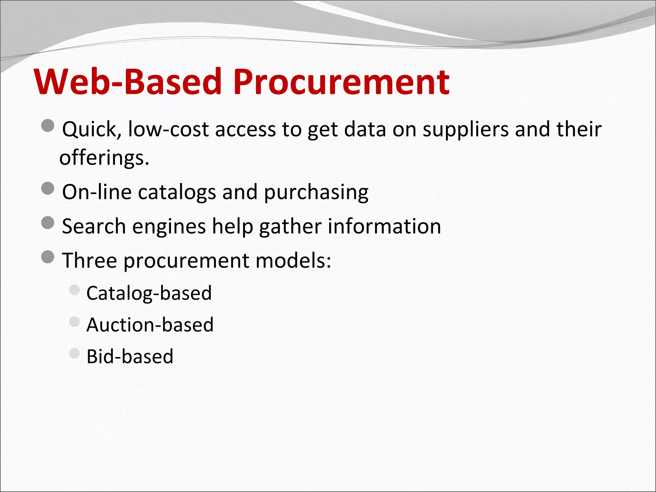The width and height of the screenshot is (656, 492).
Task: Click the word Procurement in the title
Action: click(x=341, y=82)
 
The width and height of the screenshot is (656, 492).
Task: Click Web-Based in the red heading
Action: click(x=128, y=82)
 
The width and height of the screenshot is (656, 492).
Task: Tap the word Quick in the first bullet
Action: click(x=91, y=129)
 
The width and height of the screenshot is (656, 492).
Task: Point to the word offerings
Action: click(x=104, y=158)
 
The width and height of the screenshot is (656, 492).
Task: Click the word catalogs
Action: click(x=177, y=192)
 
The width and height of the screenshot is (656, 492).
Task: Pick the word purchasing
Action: click(x=316, y=192)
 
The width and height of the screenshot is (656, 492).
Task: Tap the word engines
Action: click(x=169, y=226)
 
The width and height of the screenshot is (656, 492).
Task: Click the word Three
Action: click(x=89, y=260)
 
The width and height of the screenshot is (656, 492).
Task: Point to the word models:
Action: click(x=293, y=260)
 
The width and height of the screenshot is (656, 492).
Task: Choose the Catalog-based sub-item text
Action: click(x=149, y=293)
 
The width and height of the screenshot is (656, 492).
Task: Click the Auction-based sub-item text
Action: click(x=150, y=325)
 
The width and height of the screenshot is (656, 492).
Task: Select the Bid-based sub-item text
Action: click(x=130, y=356)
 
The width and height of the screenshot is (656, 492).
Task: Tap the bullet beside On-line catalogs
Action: click(x=48, y=188)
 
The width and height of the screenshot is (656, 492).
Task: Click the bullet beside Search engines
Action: click(x=48, y=223)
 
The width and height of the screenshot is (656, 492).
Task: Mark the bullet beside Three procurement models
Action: click(x=48, y=257)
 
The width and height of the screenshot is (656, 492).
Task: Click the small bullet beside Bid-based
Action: click(x=74, y=353)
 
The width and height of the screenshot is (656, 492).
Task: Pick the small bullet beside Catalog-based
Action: click(x=74, y=290)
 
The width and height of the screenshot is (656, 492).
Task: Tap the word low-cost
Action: click(x=168, y=129)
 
